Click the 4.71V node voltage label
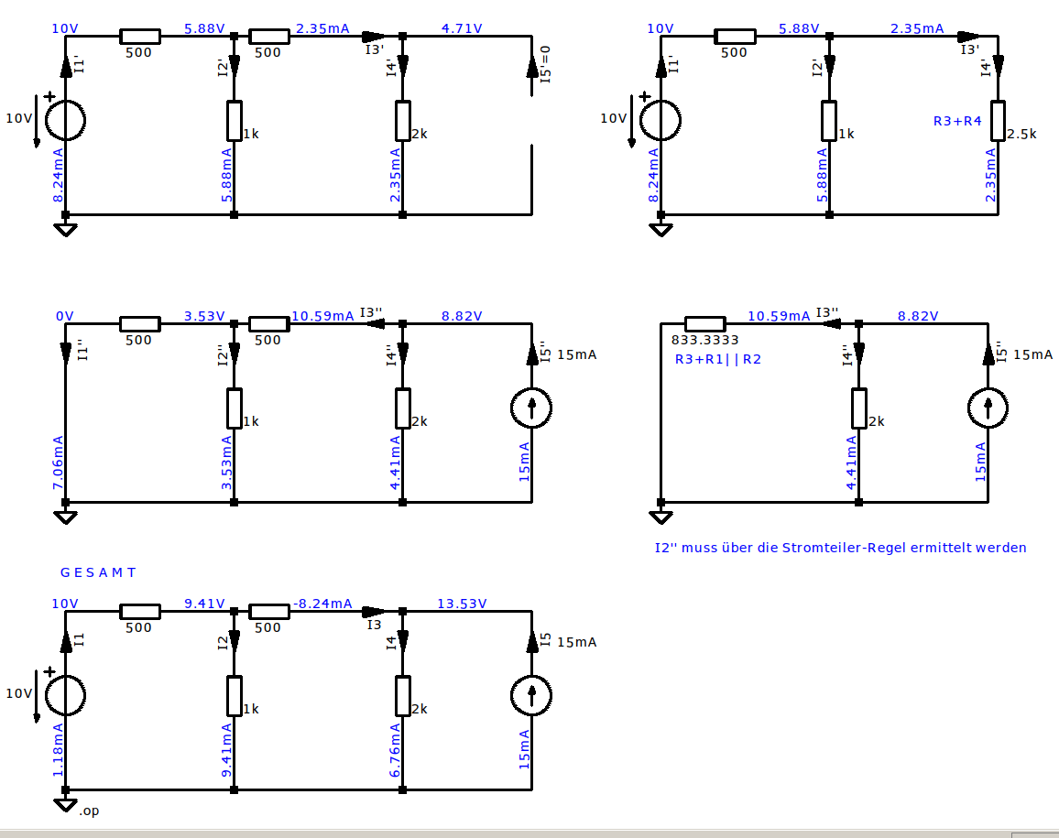[x=462, y=28]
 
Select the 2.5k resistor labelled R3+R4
[x=998, y=121]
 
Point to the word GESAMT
[x=98, y=572]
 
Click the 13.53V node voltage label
[x=462, y=603]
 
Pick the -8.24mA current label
[x=322, y=604]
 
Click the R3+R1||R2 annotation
[x=718, y=359]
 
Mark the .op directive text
[x=89, y=811]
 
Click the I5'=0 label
[x=546, y=65]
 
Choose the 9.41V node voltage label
[x=204, y=604]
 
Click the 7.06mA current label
[x=58, y=462]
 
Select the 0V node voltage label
[x=64, y=316]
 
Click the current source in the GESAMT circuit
[x=531, y=696]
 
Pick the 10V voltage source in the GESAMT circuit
[x=66, y=696]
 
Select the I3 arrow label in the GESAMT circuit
[x=374, y=625]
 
